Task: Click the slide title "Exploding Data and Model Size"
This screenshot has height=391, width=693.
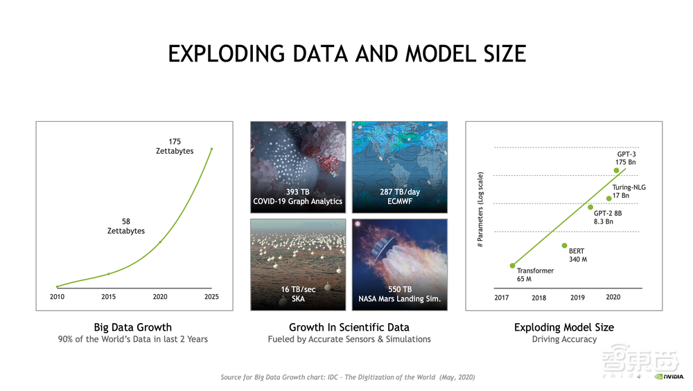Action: pos(346,53)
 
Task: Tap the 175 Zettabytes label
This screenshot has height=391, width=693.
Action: pos(175,146)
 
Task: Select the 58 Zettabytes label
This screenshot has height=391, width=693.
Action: pos(126,226)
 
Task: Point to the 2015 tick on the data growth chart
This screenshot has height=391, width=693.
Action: pos(108,297)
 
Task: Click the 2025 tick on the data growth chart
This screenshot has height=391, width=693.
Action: pos(211,297)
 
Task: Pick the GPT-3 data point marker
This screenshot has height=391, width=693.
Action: pos(616,170)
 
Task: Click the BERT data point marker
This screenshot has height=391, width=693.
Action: pos(565,246)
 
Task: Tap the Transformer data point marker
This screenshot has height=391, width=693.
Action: pos(512,266)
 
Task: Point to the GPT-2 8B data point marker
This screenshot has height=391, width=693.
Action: pos(590,207)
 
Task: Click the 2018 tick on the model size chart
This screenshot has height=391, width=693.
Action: pos(538,298)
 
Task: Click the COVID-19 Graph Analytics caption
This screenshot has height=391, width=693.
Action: pos(298,197)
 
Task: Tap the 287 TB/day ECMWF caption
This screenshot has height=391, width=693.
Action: pos(400,197)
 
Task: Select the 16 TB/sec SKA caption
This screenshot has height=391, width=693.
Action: pos(298,294)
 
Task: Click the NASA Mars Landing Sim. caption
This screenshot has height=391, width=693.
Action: pos(400,294)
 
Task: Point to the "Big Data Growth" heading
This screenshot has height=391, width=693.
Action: pos(132,327)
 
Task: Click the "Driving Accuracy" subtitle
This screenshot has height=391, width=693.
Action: pos(564,339)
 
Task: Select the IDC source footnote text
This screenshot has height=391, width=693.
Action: pos(347,377)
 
